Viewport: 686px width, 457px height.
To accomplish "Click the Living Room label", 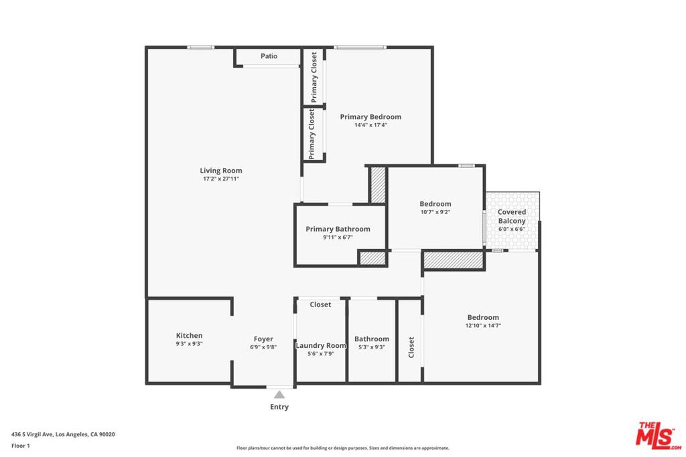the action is coord(221,171).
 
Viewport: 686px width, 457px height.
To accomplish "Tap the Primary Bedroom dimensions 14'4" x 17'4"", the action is coord(370,125).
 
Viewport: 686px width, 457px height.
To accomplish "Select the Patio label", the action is coord(269,56).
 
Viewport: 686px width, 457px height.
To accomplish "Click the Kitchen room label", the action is coord(189,335).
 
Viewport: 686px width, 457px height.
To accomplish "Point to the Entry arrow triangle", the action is coord(279,395).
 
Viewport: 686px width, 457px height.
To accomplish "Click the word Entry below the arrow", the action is coord(279,407).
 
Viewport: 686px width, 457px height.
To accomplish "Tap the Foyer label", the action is coord(263,339).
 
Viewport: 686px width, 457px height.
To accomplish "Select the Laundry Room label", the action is coord(321,345).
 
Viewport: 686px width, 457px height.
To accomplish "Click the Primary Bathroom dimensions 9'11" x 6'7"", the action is coord(338,238).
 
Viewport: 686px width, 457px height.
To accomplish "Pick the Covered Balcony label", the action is coord(512,216).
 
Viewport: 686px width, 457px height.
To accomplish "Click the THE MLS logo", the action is coord(659,436).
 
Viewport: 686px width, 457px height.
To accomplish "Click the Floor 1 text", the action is coord(21,446).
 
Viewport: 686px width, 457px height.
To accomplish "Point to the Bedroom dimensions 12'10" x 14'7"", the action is coord(483,325).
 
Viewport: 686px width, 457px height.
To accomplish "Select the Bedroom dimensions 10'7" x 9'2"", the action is coord(435,212).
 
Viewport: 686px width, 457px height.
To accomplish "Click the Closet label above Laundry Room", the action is coord(320,304).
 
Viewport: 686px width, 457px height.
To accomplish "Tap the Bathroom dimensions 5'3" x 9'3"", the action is coord(371,347).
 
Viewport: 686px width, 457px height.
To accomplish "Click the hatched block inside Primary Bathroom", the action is coord(372,258).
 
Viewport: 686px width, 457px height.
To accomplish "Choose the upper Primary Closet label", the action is coord(314,78).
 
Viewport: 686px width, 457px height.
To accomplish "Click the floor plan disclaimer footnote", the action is coord(342,448).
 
